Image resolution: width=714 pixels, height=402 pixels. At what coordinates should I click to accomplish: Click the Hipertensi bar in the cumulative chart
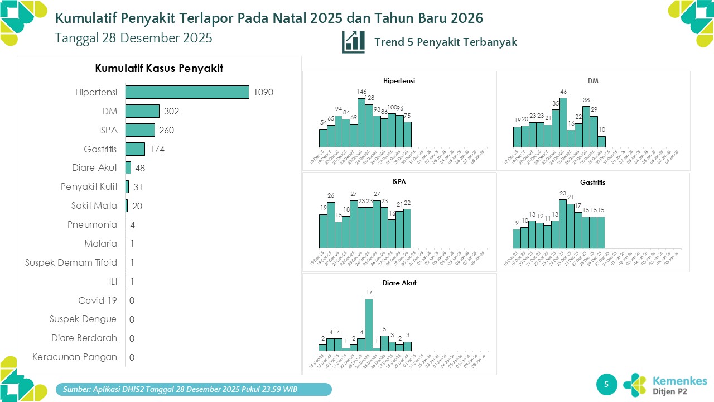point(187,92)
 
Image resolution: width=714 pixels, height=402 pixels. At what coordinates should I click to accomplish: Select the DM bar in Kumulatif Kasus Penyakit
point(142,111)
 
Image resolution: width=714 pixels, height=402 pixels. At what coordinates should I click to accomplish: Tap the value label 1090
point(263,92)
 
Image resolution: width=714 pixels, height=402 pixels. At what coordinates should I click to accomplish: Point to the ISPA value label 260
point(167,130)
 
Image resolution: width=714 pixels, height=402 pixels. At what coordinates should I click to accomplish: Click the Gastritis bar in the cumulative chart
point(135,149)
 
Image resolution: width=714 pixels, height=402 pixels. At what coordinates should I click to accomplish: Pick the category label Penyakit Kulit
point(89,186)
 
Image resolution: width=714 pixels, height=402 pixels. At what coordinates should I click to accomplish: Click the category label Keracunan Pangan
point(75,357)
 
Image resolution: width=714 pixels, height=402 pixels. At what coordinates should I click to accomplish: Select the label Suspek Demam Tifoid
point(71,262)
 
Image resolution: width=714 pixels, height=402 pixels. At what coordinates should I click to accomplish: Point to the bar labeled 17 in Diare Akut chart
point(369,324)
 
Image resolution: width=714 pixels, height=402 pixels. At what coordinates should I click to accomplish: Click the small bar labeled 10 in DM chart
point(601,141)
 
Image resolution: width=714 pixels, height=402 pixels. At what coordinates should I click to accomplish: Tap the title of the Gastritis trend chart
point(592,183)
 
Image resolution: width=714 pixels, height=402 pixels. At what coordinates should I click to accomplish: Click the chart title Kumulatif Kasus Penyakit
point(159,69)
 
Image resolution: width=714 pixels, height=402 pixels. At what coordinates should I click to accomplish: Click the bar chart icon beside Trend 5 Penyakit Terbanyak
point(354,42)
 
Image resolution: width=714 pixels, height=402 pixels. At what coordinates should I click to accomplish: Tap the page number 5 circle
point(607,384)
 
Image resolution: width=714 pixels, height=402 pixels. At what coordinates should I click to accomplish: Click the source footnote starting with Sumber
point(195,389)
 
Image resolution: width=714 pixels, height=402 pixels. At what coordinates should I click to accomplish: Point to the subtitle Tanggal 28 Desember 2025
point(134,38)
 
